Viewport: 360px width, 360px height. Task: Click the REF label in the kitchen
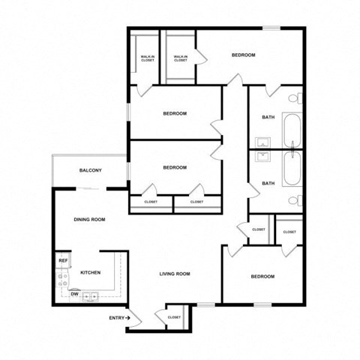(x=64, y=260)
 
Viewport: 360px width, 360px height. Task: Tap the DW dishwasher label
(x=75, y=294)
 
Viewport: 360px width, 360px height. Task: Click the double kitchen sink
(x=91, y=295)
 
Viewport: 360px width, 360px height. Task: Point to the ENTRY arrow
(x=128, y=318)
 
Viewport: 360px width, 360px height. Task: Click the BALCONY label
(x=91, y=171)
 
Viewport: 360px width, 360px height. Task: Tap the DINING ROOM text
(x=89, y=220)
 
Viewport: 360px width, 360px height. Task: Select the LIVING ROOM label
(x=175, y=274)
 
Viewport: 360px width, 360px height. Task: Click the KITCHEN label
(x=91, y=272)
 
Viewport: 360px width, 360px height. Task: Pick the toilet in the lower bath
(x=298, y=201)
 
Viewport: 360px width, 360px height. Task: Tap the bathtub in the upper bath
(x=292, y=130)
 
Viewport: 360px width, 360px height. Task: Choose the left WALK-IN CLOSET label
(x=148, y=58)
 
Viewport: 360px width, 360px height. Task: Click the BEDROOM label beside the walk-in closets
(x=243, y=55)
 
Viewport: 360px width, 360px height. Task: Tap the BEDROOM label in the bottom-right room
(x=262, y=277)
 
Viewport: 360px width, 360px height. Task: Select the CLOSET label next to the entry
(x=175, y=317)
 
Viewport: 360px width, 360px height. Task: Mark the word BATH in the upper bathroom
(x=268, y=117)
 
